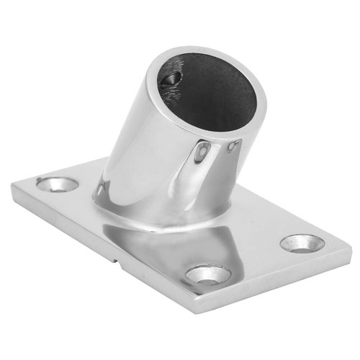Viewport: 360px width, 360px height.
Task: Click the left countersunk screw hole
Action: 58,184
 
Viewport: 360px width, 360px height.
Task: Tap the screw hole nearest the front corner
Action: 208,274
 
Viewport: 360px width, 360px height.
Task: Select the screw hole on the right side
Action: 302,243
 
